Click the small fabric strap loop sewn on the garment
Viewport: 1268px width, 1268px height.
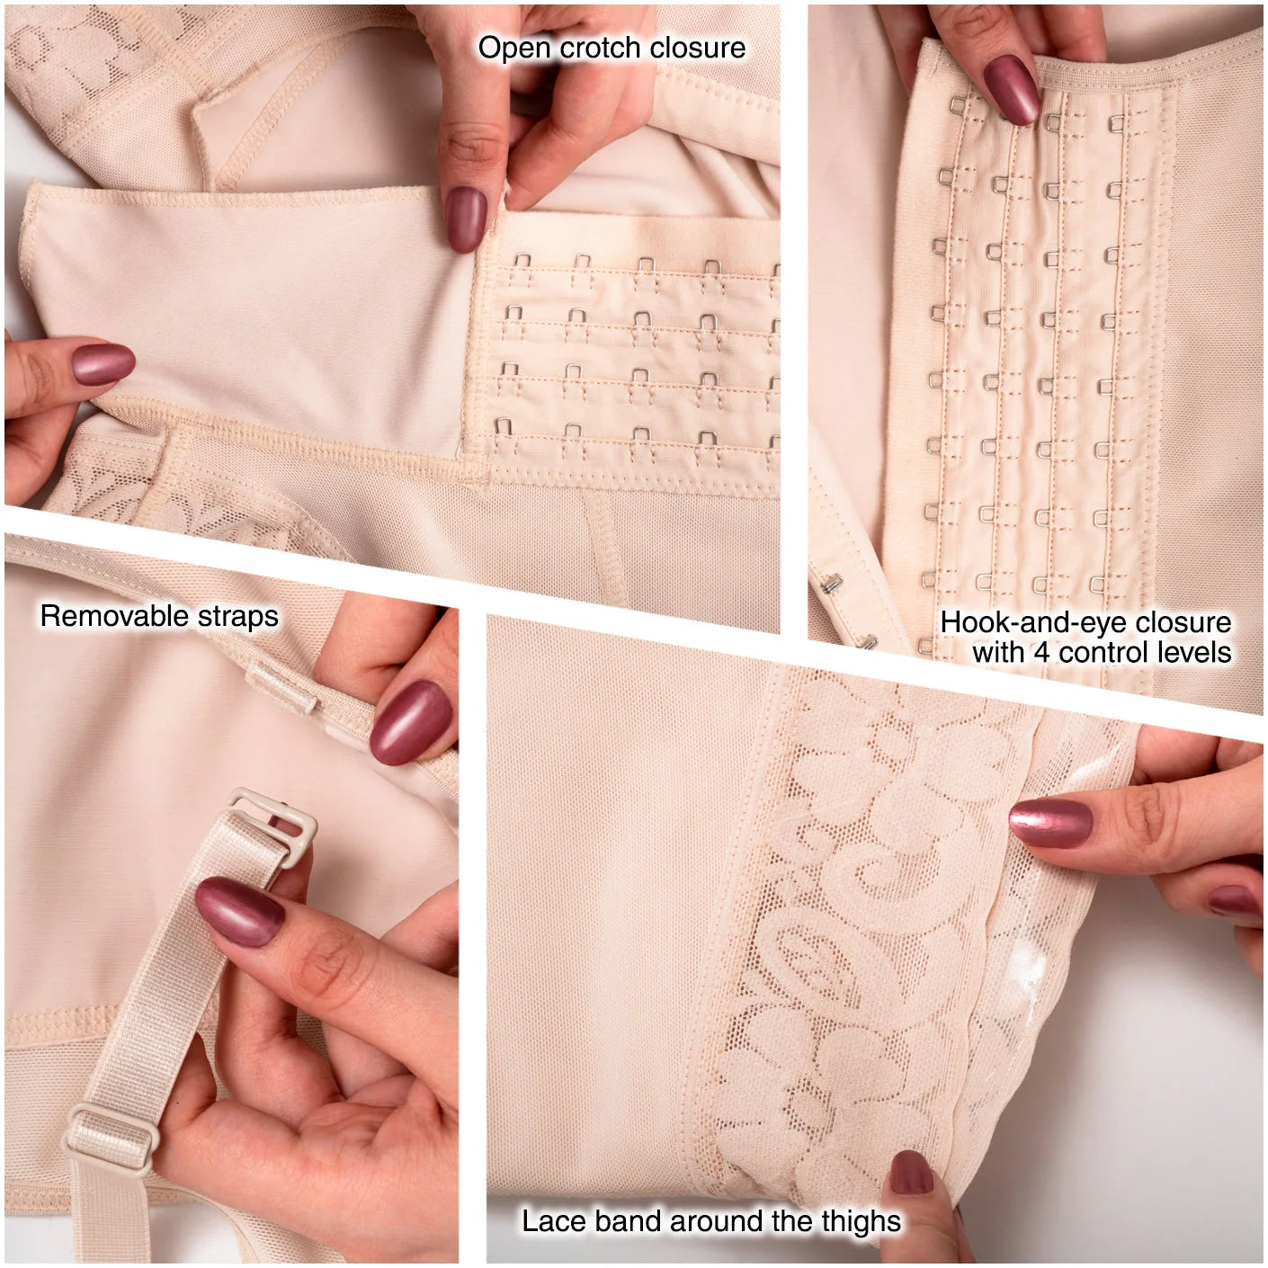coord(281,688)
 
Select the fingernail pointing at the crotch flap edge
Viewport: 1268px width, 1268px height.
coord(465,219)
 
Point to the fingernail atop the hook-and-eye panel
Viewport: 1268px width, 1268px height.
coord(1012,90)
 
